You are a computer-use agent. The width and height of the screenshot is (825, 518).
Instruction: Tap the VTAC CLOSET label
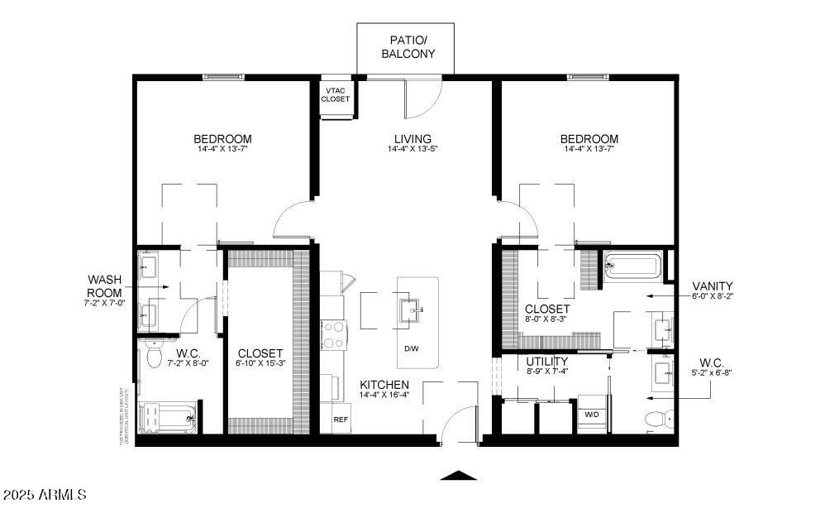click(335, 94)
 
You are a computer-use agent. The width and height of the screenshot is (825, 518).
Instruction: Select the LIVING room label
click(412, 139)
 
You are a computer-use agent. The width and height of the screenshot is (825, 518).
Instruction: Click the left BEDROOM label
click(222, 139)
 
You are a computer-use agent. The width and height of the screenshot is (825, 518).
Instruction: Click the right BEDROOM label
click(589, 139)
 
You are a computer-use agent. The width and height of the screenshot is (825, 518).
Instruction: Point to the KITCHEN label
click(384, 385)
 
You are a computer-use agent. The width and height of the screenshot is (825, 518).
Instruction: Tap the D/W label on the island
click(411, 348)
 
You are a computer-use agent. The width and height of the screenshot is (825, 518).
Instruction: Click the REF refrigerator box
click(341, 419)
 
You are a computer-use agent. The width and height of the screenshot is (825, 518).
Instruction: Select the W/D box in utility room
click(592, 414)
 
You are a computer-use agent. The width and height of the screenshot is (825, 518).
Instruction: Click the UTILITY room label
click(546, 362)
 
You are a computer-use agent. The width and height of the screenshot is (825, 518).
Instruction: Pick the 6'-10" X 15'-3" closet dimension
click(260, 363)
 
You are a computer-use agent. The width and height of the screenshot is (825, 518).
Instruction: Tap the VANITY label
click(713, 285)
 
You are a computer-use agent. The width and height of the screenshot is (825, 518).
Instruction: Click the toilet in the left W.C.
click(154, 358)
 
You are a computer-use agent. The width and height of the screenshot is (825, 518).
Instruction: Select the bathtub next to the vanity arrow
click(632, 267)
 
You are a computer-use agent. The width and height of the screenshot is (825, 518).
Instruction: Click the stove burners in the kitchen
click(332, 336)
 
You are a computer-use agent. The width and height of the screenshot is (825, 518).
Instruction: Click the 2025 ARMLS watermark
click(45, 495)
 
